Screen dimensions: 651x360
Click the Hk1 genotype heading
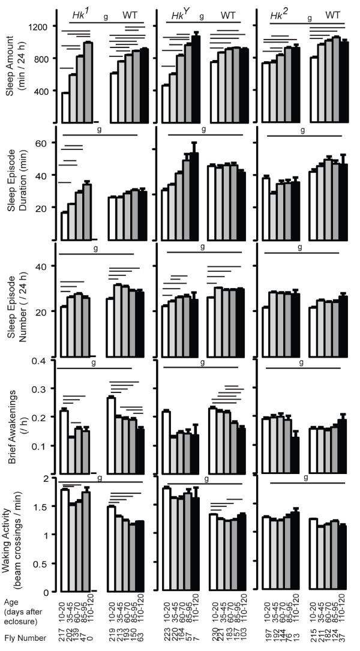pyautogui.click(x=82, y=13)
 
